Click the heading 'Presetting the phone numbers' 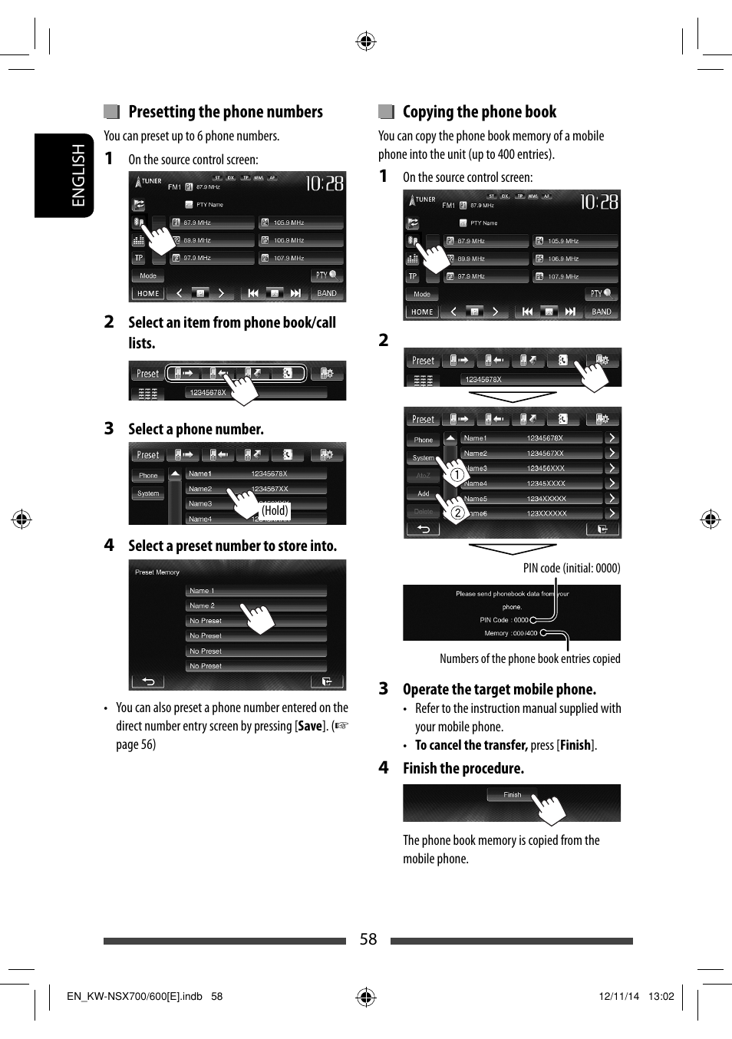pyautogui.click(x=225, y=112)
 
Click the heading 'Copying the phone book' pyautogui.click(x=479, y=112)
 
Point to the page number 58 pyautogui.click(x=368, y=939)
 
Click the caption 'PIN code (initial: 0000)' pyautogui.click(x=571, y=568)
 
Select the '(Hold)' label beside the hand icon pyautogui.click(x=275, y=510)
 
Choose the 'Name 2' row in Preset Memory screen pyautogui.click(x=203, y=605)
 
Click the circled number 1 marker pyautogui.click(x=457, y=475)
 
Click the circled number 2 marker pyautogui.click(x=457, y=513)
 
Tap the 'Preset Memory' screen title pyautogui.click(x=157, y=572)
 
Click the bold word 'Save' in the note pyautogui.click(x=309, y=726)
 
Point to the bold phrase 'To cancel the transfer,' pyautogui.click(x=471, y=745)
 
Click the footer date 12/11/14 pyautogui.click(x=618, y=996)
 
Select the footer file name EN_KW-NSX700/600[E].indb pyautogui.click(x=134, y=996)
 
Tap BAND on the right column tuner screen pyautogui.click(x=602, y=312)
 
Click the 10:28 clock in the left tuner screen pyautogui.click(x=325, y=183)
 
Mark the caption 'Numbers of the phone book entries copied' pyautogui.click(x=529, y=658)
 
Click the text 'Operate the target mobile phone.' pyautogui.click(x=499, y=689)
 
